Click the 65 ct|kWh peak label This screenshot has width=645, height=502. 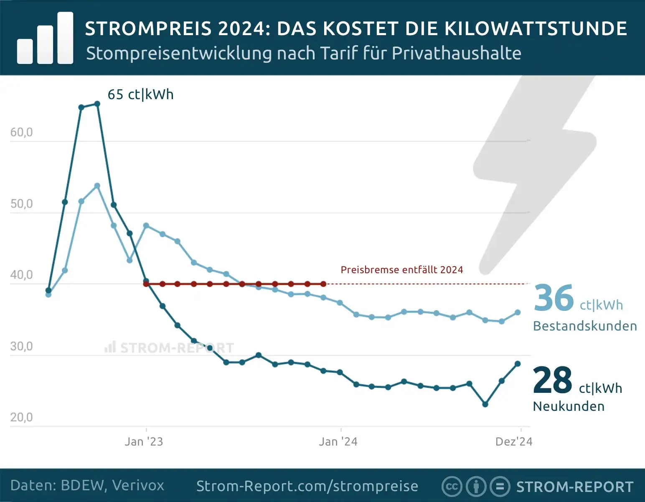(x=140, y=95)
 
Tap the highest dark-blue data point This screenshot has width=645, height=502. (x=97, y=104)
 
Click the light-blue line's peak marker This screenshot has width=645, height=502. (x=97, y=186)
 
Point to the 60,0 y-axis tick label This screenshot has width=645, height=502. (x=21, y=133)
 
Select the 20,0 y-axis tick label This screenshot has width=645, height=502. (x=21, y=417)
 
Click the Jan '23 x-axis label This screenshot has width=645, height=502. (x=144, y=442)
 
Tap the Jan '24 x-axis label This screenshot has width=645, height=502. (x=338, y=442)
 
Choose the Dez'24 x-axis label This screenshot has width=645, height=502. (x=513, y=442)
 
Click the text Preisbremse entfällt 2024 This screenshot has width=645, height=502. (x=402, y=270)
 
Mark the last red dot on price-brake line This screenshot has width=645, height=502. (x=323, y=284)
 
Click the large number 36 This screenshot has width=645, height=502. (x=554, y=298)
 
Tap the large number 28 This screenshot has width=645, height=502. (x=552, y=380)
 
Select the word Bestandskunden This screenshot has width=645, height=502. (x=585, y=326)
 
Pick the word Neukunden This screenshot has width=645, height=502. (x=569, y=406)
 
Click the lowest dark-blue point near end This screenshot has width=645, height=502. (x=485, y=404)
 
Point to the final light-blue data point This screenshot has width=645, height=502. (x=518, y=312)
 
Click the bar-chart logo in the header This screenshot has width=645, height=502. (x=45, y=38)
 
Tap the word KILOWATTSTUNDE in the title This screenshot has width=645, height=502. (x=536, y=28)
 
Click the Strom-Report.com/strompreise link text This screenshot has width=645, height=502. (x=307, y=486)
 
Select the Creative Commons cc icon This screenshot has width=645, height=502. (x=452, y=487)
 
